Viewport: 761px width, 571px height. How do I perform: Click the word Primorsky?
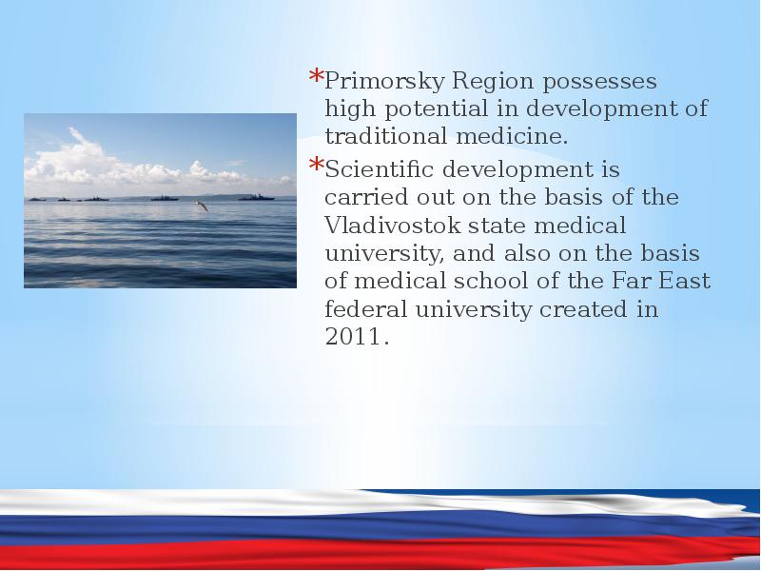click(x=384, y=81)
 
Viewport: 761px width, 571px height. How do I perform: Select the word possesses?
click(x=599, y=82)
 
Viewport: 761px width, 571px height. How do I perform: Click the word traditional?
click(x=386, y=135)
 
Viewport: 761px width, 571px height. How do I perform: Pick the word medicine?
click(x=512, y=135)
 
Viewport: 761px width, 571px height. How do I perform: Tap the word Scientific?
click(x=379, y=169)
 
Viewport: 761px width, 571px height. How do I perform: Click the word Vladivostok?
click(x=392, y=226)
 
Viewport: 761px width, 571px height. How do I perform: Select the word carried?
click(x=366, y=197)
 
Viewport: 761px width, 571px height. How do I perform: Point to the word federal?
click(x=366, y=309)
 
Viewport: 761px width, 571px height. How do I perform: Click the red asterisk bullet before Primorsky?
click(x=316, y=76)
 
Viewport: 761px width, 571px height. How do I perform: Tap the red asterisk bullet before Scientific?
click(x=316, y=164)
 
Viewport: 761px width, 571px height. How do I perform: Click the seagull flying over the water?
click(x=202, y=206)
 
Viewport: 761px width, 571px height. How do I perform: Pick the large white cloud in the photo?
click(x=97, y=163)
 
